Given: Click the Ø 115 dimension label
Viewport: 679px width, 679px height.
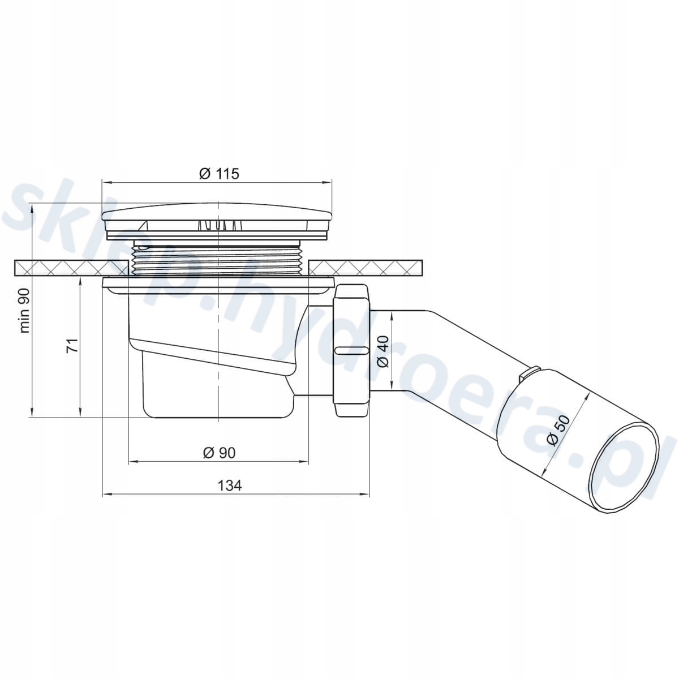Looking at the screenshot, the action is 219,173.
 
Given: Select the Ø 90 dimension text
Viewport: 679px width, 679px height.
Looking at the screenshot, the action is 219,453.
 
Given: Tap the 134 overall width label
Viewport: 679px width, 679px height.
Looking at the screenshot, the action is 230,485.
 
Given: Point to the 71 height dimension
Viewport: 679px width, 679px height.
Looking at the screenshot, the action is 73,345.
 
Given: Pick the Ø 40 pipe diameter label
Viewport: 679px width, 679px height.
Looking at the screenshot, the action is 384,351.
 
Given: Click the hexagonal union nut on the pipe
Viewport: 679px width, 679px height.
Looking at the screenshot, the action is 351,351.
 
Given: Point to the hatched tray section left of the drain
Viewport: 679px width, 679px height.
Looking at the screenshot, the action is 71,268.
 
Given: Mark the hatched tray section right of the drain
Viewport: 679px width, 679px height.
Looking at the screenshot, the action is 366,268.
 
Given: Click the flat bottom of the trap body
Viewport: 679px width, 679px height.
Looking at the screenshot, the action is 218,417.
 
